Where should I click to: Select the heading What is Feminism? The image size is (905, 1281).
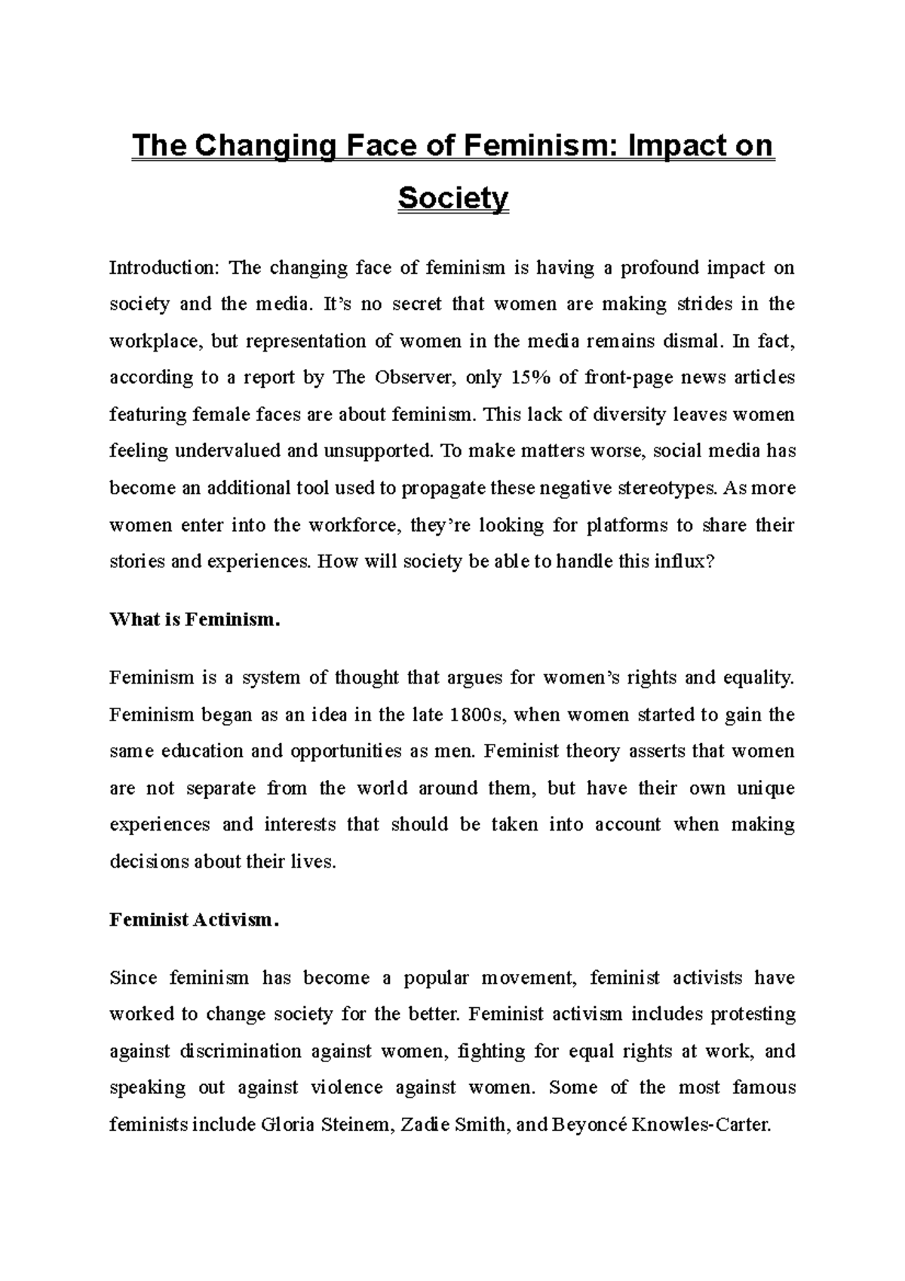(195, 620)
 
